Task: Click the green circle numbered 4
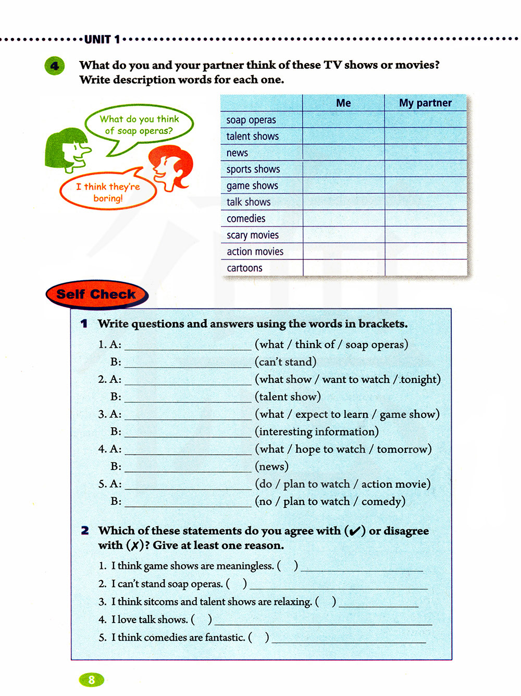tap(55, 66)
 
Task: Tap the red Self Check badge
tap(96, 294)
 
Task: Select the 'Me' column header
tap(343, 103)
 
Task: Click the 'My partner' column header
tap(425, 103)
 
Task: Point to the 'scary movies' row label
tap(253, 235)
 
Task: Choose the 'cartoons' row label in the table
tap(244, 268)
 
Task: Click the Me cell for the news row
tap(343, 153)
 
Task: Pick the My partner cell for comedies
tap(425, 218)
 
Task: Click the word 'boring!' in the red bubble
tap(108, 198)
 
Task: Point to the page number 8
tap(92, 679)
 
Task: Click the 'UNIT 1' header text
tap(102, 40)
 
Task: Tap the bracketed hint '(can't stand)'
tap(286, 362)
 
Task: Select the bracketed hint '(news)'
tap(271, 466)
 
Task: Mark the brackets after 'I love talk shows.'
tap(202, 619)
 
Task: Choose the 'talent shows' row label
tap(252, 136)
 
